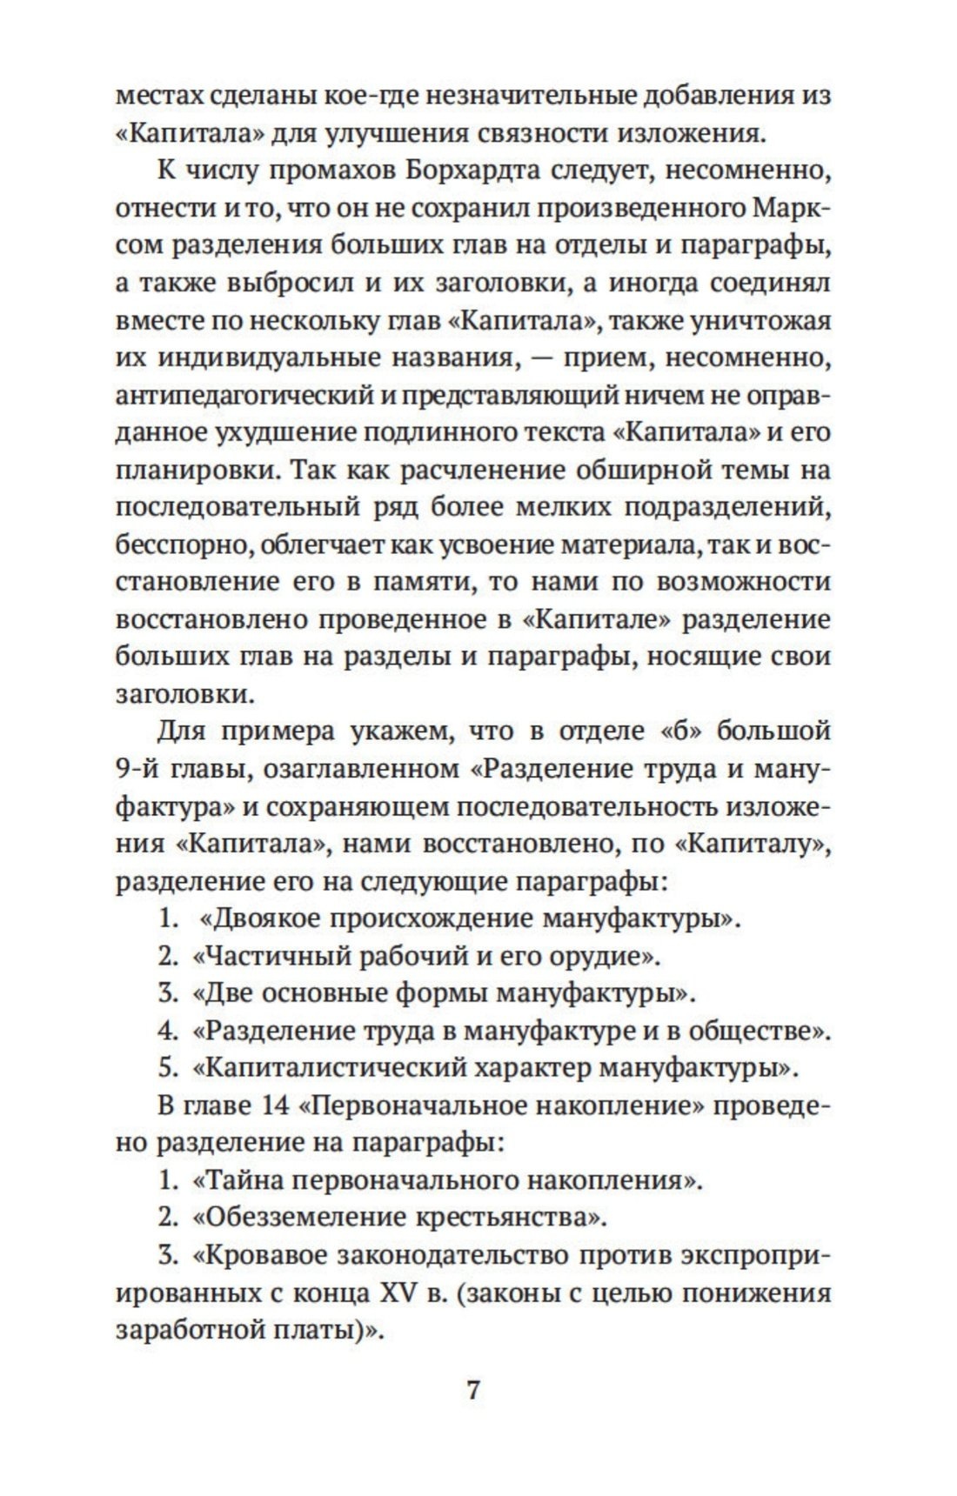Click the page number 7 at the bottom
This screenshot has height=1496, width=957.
point(474,1390)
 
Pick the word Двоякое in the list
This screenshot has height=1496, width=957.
point(268,918)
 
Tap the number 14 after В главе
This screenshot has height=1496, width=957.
point(277,1106)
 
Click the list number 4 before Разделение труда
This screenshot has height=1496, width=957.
point(167,1031)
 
